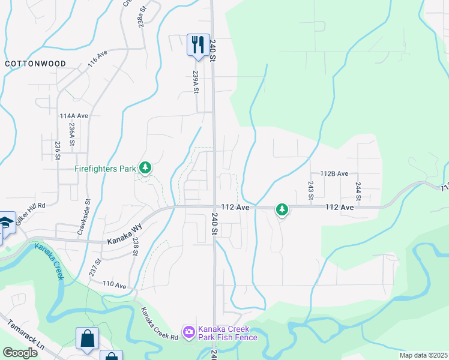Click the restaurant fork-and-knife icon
tap(196, 44)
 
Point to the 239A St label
tap(196, 82)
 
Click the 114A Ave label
tap(74, 115)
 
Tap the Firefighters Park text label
tap(106, 169)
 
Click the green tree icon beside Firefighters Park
tap(145, 167)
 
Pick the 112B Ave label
tap(334, 173)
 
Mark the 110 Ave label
tap(114, 284)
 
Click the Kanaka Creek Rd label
tap(159, 323)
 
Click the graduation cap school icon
tap(5, 223)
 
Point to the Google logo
tap(20, 353)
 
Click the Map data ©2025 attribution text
tap(423, 355)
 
